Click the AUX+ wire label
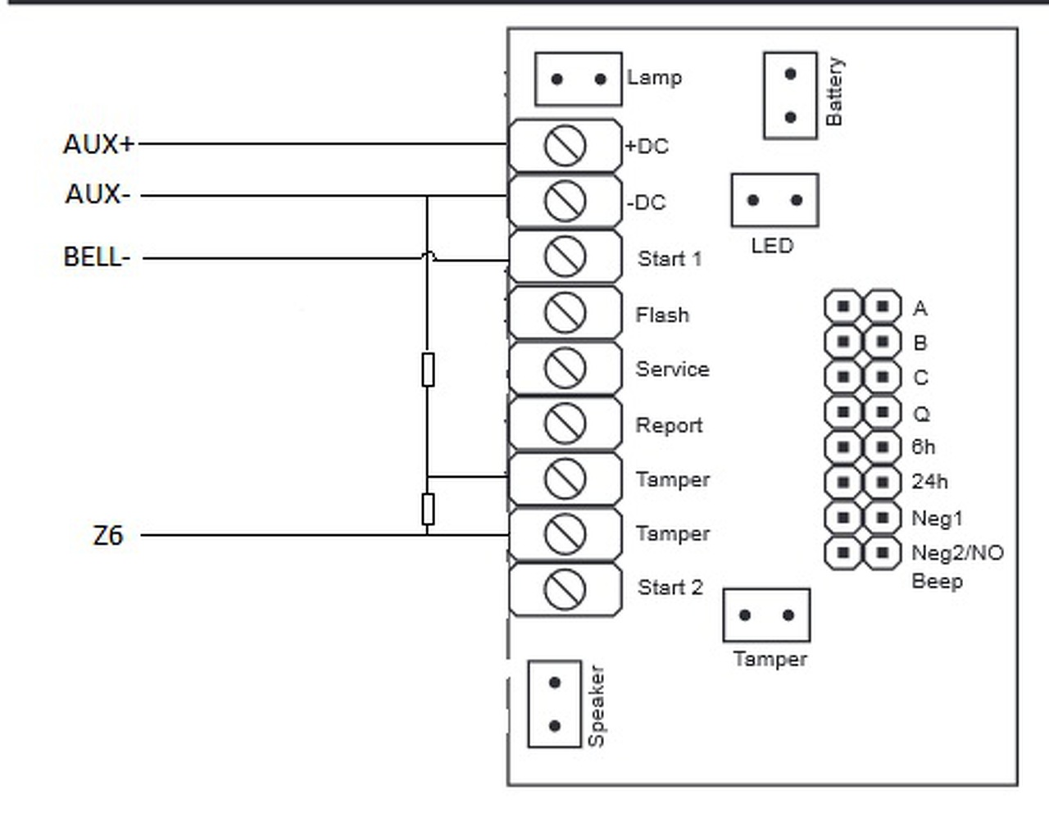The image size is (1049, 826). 98,144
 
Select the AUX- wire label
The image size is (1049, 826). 98,194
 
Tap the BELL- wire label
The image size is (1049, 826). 97,257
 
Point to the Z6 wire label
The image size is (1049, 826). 107,536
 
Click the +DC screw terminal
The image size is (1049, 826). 565,146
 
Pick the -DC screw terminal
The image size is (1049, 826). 565,202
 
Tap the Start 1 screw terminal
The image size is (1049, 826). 565,256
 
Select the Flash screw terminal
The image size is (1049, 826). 565,312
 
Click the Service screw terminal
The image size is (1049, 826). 565,368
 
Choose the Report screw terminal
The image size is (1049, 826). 565,423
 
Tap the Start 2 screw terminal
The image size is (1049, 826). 565,588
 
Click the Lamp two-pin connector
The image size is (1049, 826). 578,79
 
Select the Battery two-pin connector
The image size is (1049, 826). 790,95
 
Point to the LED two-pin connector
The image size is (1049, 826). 774,200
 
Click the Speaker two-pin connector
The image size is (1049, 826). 555,704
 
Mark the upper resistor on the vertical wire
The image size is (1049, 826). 428,370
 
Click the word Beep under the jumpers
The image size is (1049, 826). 937,582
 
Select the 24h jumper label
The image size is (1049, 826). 929,481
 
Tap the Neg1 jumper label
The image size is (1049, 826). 937,518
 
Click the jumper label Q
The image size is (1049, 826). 921,414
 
